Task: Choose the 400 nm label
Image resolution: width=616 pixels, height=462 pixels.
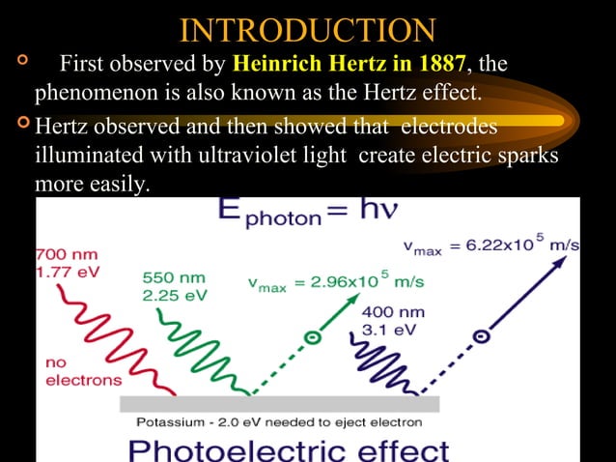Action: [x=392, y=313]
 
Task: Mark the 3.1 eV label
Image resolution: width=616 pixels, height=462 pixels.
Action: [x=388, y=331]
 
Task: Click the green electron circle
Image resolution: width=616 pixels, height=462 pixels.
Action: [x=311, y=338]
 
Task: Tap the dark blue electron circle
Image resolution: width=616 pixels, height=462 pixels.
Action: [x=478, y=336]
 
